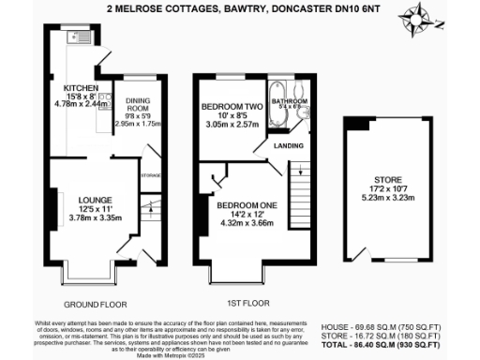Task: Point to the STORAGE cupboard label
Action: coord(151,175)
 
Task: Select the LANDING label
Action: coord(290,145)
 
